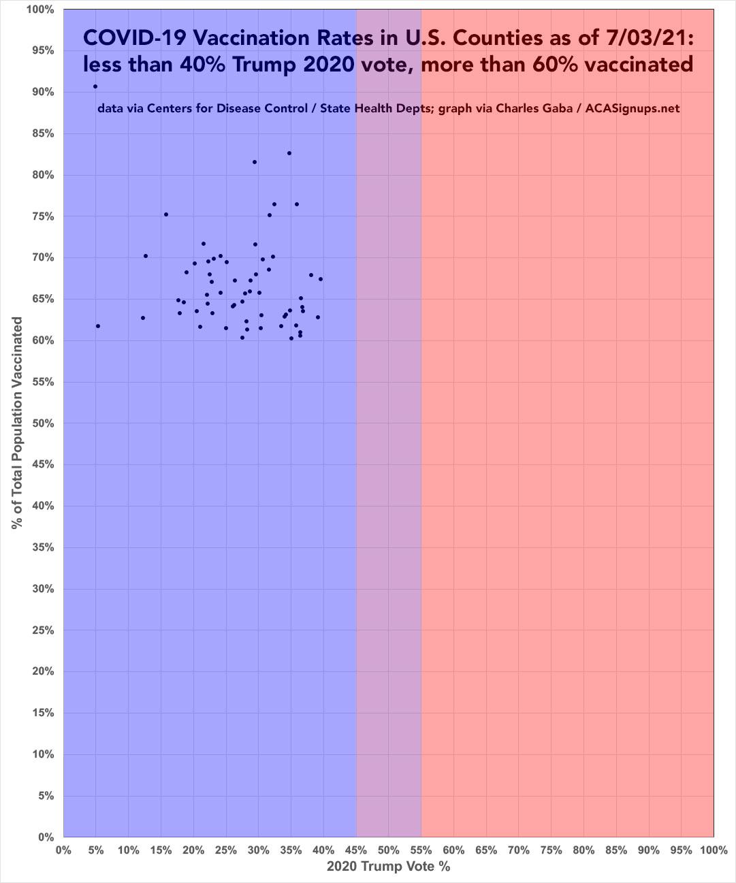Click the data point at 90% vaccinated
pos(95,86)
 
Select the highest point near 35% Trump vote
pos(289,153)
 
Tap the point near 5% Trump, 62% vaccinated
pos(98,326)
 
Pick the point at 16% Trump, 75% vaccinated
pos(165,214)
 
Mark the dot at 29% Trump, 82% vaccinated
pos(255,162)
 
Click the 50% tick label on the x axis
pos(388,850)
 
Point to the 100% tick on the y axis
pos(41,10)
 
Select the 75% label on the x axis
pos(551,850)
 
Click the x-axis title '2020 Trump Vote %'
pos(388,867)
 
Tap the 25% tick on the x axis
pos(225,850)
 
